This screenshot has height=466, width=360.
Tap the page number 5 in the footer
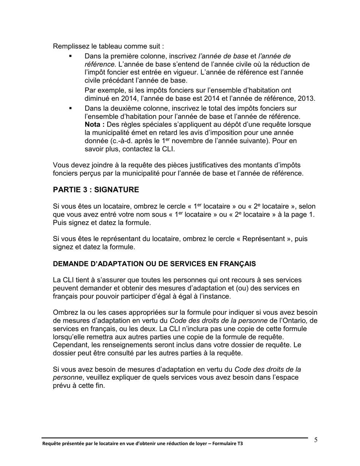coord(316,440)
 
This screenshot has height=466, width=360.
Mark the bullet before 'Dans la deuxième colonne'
coord(70,108)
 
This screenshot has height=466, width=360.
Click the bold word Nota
coord(93,125)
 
